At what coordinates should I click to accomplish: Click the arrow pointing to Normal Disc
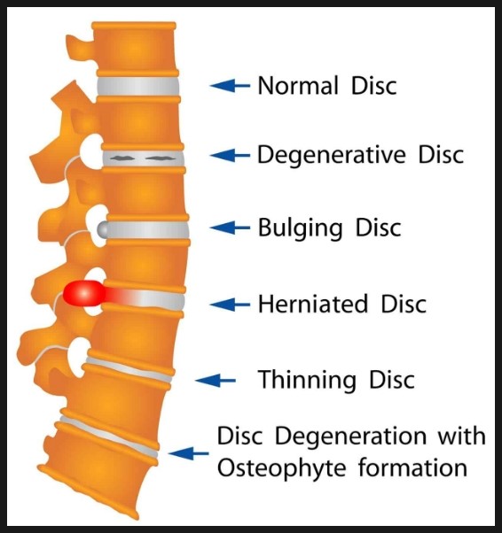click(x=230, y=86)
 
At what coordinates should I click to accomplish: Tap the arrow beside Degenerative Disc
click(x=230, y=155)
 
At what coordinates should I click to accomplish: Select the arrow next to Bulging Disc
click(x=230, y=228)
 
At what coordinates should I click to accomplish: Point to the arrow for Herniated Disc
click(x=230, y=305)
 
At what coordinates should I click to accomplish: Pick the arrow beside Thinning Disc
click(x=216, y=381)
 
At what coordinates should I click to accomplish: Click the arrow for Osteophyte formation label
click(x=189, y=453)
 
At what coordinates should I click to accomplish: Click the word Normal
click(x=298, y=85)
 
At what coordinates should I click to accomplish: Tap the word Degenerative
click(x=332, y=156)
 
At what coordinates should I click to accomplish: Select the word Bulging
click(x=300, y=228)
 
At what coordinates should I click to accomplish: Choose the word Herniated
click(x=313, y=304)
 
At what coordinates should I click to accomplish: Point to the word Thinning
click(x=307, y=381)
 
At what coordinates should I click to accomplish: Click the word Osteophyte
click(x=282, y=468)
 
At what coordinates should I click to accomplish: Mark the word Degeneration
click(x=350, y=436)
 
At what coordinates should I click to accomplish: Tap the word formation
click(x=412, y=467)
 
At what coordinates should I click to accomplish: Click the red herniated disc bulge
click(x=84, y=293)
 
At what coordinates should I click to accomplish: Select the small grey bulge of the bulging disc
click(x=102, y=229)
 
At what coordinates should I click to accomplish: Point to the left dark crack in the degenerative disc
click(x=122, y=158)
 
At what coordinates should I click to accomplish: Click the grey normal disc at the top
click(x=138, y=86)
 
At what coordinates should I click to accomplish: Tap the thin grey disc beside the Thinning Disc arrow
click(x=129, y=369)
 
